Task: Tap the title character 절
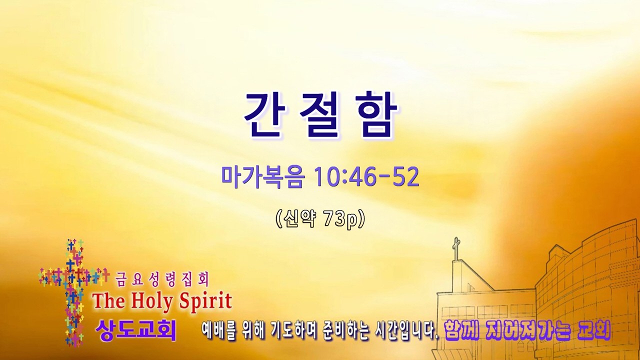tap(320, 115)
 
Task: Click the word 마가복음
tap(262, 177)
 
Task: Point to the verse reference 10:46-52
tap(366, 177)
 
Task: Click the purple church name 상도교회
tap(135, 330)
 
